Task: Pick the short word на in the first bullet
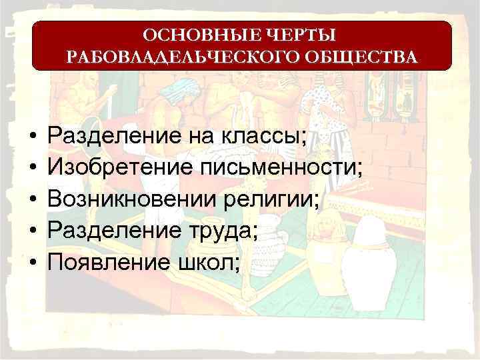195,137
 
